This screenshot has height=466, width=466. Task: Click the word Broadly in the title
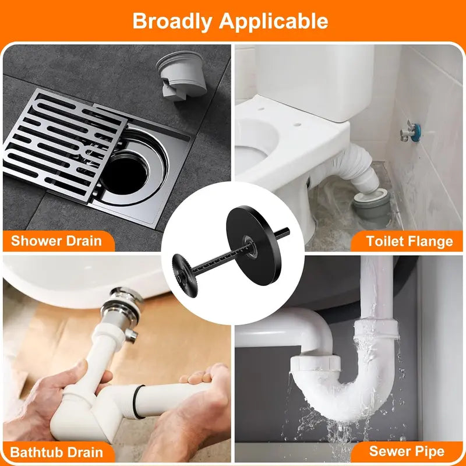click(x=172, y=22)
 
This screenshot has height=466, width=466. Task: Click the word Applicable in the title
click(x=273, y=22)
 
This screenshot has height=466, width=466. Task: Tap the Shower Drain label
click(x=57, y=241)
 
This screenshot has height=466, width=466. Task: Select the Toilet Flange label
click(x=409, y=241)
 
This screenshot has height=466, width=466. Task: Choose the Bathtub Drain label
click(x=57, y=453)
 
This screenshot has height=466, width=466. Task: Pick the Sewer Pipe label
click(x=407, y=451)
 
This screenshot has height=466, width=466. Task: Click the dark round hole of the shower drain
click(x=124, y=176)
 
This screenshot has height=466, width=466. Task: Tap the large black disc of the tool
click(x=253, y=245)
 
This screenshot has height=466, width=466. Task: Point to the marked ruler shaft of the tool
click(x=221, y=259)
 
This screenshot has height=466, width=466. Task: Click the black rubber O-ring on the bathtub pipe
click(x=137, y=401)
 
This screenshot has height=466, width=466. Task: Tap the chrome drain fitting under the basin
click(x=122, y=309)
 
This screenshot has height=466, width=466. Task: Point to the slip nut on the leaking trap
click(x=316, y=363)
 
